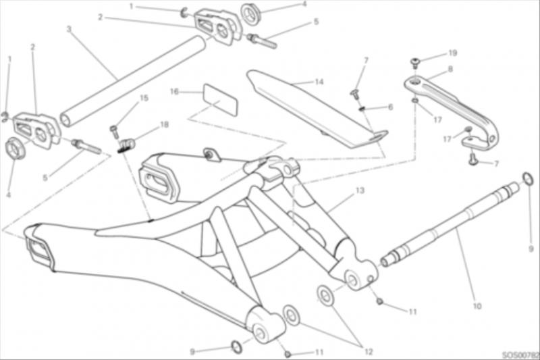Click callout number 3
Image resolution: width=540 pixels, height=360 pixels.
click(69, 29)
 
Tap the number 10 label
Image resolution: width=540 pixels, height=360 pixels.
click(477, 305)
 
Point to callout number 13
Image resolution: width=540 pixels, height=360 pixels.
click(360, 190)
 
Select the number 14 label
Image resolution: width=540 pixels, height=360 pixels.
click(319, 82)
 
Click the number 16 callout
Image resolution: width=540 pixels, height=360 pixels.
click(175, 92)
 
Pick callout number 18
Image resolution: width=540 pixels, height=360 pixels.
click(165, 124)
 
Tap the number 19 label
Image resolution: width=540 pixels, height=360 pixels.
click(452, 53)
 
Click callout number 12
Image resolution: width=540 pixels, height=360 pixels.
click(369, 352)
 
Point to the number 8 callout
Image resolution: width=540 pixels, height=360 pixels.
click(450, 70)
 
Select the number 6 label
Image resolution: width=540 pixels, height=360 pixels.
click(390, 107)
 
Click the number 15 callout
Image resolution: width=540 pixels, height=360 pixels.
click(144, 98)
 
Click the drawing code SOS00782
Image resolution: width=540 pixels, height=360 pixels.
click(520, 355)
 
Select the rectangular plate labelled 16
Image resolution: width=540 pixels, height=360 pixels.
click(221, 100)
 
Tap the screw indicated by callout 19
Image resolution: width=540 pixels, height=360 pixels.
click(416, 63)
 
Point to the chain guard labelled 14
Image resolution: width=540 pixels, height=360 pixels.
click(317, 109)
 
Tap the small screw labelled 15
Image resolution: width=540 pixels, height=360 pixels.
click(114, 132)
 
